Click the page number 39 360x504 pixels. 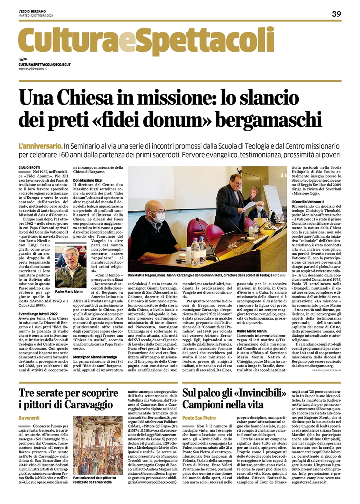(x=336, y=14)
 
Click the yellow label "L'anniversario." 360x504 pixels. (x=40, y=146)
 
